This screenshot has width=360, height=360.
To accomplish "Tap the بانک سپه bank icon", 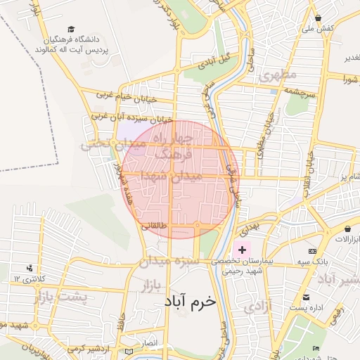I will [x=312, y=251].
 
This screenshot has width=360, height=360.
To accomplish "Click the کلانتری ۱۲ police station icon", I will [x=30, y=268].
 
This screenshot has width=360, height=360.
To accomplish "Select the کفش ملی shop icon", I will [x=319, y=18].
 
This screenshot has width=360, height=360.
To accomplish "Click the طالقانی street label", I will [x=155, y=226].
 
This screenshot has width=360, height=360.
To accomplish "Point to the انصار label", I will [x=150, y=342].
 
